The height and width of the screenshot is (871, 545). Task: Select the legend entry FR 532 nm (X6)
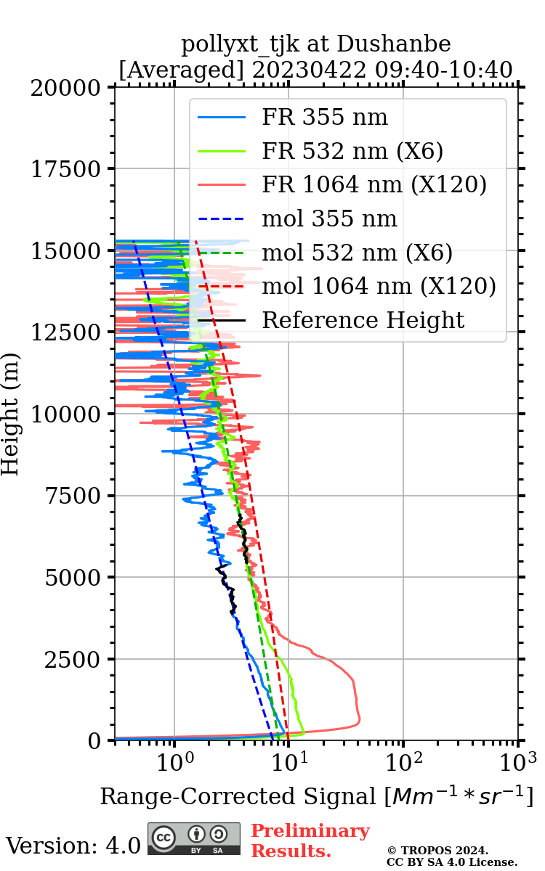click(352, 151)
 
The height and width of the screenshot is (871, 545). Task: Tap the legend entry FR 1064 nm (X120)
click(374, 185)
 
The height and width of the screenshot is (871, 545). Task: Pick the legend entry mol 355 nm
click(329, 218)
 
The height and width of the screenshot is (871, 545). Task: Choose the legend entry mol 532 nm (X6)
click(357, 253)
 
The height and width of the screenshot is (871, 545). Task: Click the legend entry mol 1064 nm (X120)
click(379, 286)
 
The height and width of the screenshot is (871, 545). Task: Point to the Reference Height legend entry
click(363, 320)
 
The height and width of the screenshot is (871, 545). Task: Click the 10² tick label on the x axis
click(403, 762)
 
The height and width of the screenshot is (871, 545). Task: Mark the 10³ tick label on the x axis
click(518, 762)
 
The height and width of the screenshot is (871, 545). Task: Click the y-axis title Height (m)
click(10, 414)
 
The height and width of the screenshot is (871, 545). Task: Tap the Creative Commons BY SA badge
click(194, 838)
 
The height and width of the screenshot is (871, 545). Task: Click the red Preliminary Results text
click(310, 841)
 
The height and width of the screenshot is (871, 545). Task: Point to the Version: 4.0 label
click(73, 846)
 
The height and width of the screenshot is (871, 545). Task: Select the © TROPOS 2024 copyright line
click(437, 850)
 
